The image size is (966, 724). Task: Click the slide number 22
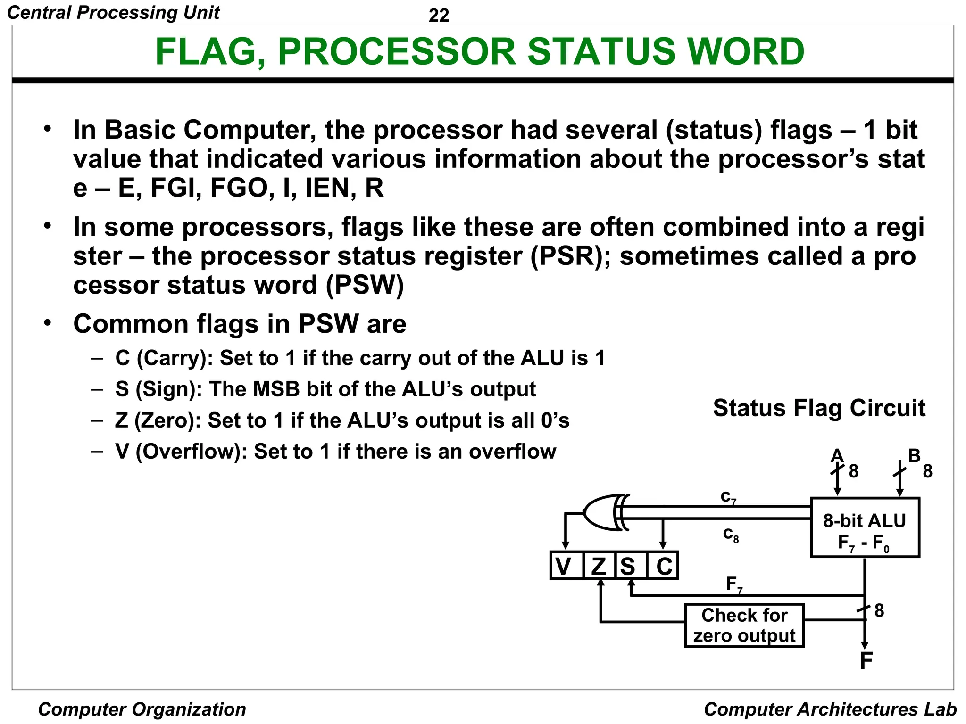[439, 16]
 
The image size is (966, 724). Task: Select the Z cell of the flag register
[599, 566]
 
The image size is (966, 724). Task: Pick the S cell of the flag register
[628, 566]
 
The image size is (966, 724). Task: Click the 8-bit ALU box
[865, 527]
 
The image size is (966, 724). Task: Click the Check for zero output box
[744, 625]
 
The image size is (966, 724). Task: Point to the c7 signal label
[728, 497]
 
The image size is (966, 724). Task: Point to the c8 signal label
[731, 535]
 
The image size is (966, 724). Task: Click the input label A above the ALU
[837, 455]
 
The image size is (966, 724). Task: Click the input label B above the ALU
[914, 455]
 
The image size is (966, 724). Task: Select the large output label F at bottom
[866, 661]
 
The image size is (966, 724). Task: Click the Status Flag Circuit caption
[819, 408]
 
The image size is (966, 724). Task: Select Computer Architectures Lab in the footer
[830, 709]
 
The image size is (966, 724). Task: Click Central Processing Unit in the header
[114, 13]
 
